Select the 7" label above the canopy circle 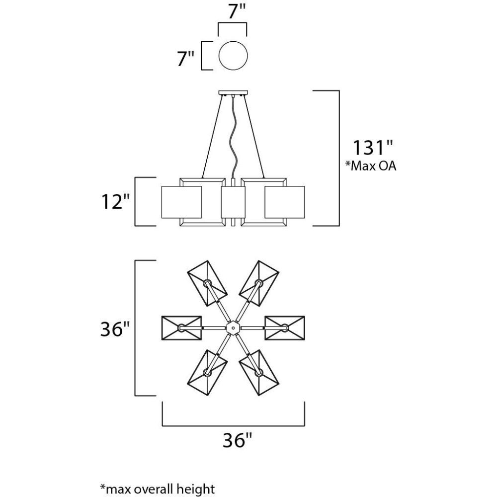pyautogui.click(x=237, y=12)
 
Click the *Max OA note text pyautogui.click(x=371, y=166)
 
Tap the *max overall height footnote pyautogui.click(x=158, y=489)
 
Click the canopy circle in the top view pyautogui.click(x=218, y=56)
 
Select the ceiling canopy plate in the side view pyautogui.click(x=233, y=93)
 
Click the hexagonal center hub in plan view pyautogui.click(x=233, y=328)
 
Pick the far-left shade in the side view pyautogui.click(x=181, y=202)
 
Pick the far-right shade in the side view pyautogui.click(x=285, y=202)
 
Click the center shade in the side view pyautogui.click(x=233, y=202)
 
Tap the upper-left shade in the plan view pyautogui.click(x=207, y=283)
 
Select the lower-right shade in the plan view pyautogui.click(x=259, y=373)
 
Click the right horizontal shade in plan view pyautogui.click(x=285, y=328)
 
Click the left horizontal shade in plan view pyautogui.click(x=181, y=328)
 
